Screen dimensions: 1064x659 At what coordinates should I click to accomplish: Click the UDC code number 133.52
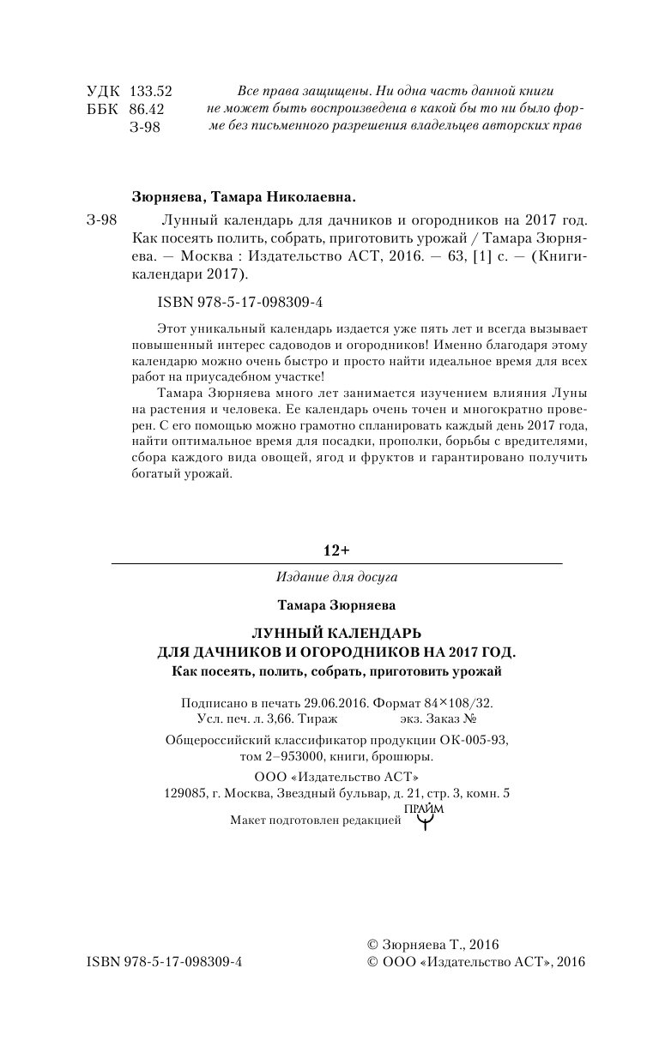150,91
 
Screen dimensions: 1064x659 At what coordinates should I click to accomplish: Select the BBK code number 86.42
146,109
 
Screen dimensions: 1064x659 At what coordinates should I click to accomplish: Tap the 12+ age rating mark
336,549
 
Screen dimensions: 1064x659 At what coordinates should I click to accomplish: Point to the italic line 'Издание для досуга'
337,577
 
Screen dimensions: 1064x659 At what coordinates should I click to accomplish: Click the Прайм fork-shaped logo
424,818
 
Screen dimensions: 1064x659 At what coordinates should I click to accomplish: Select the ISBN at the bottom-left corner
165,962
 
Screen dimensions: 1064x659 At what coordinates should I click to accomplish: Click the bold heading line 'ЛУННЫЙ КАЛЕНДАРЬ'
336,634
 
